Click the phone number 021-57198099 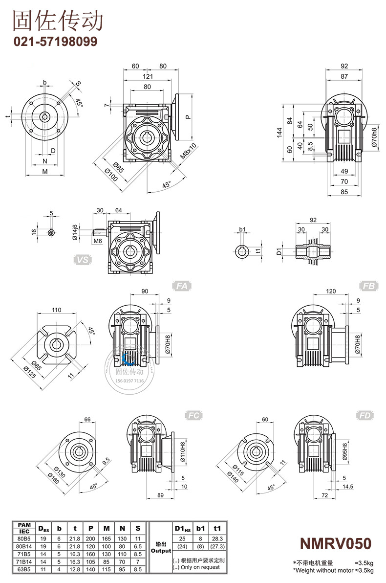click(55, 41)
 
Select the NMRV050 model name click(335, 543)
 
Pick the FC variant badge click(194, 416)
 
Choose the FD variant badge click(366, 416)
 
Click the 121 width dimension click(148, 76)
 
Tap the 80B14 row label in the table click(24, 545)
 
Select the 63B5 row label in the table click(24, 569)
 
